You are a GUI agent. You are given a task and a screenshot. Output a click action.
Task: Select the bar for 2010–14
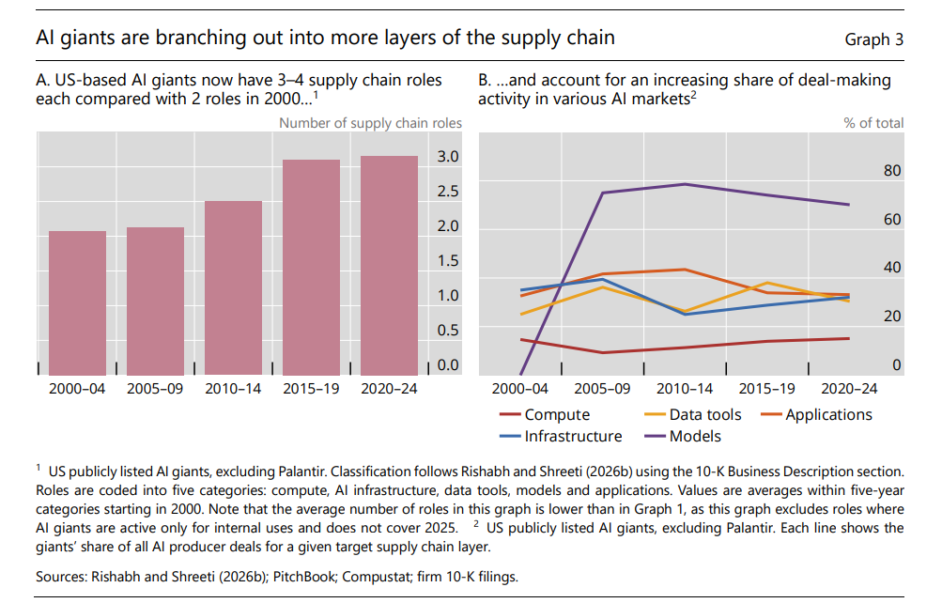point(233,287)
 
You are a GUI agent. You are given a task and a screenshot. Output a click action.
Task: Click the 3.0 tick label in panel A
point(448,157)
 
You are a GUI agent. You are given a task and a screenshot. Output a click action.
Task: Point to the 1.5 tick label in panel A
point(448,260)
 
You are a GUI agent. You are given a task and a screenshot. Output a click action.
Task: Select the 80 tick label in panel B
point(891,171)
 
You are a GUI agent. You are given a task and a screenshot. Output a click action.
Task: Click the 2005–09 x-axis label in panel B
point(602,388)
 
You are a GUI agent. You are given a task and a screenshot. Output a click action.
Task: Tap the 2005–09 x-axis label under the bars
point(155,388)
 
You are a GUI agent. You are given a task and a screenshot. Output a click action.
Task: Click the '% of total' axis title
point(873,123)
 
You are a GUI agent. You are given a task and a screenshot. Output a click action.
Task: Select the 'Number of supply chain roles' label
point(370,123)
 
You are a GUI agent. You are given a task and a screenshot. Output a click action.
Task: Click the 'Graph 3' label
point(873,39)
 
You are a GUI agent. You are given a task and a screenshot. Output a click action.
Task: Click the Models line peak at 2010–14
point(685,184)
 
